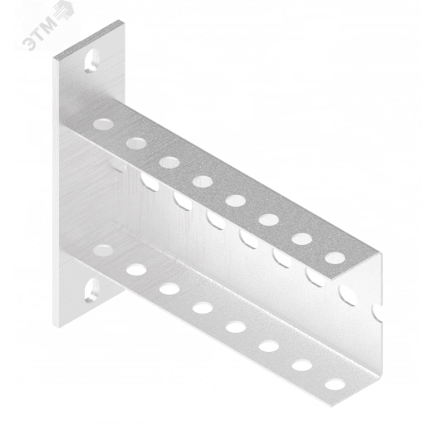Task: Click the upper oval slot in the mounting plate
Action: pyautogui.click(x=92, y=61)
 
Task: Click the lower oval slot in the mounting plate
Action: pyautogui.click(x=92, y=290)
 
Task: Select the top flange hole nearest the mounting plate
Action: pyautogui.click(x=103, y=125)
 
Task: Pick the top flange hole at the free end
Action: pyautogui.click(x=335, y=258)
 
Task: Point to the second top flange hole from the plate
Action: pyautogui.click(x=136, y=143)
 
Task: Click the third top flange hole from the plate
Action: pyautogui.click(x=169, y=162)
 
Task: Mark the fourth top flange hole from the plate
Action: pyautogui.click(x=203, y=182)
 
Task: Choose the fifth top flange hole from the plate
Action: pyautogui.click(x=236, y=201)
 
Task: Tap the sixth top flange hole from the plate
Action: pyautogui.click(x=269, y=220)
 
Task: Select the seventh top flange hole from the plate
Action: pyautogui.click(x=302, y=239)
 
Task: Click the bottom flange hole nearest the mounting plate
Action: pyautogui.click(x=103, y=250)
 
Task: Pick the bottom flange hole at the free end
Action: pyautogui.click(x=335, y=384)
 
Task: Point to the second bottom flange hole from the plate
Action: pyautogui.click(x=136, y=269)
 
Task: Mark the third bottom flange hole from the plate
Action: pyautogui.click(x=169, y=289)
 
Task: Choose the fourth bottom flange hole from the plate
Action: pyautogui.click(x=203, y=308)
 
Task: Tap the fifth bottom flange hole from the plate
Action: pyautogui.click(x=236, y=327)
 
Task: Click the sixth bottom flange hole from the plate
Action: pyautogui.click(x=269, y=346)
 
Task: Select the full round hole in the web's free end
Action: pyautogui.click(x=348, y=296)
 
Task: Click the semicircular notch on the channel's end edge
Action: pyautogui.click(x=378, y=314)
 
